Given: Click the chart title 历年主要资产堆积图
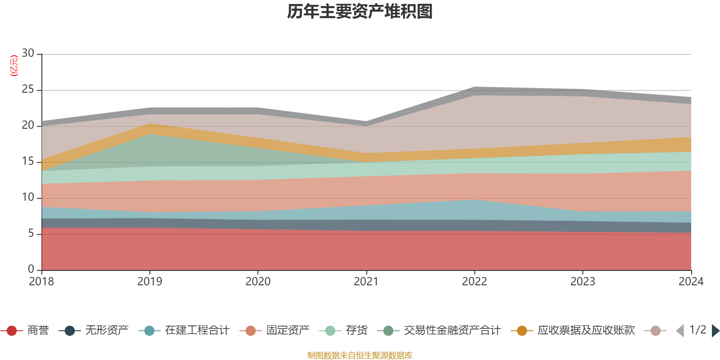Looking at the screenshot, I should (360, 12).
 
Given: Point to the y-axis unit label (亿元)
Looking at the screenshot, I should (14, 66).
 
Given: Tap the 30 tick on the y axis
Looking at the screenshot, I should (28, 54).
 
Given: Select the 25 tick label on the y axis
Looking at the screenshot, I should (28, 90).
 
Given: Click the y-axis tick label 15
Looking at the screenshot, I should (28, 162).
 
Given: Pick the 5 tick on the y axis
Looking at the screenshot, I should (31, 234).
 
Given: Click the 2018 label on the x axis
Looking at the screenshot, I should (41, 282).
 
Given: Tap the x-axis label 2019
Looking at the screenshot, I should (149, 282).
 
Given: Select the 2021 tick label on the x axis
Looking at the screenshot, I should (366, 282).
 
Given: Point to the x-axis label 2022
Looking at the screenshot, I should (474, 282).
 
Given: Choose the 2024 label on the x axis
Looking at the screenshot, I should (691, 282).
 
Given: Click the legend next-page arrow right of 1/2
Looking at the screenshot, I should (715, 331).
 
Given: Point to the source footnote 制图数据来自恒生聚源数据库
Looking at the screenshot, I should (360, 355).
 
